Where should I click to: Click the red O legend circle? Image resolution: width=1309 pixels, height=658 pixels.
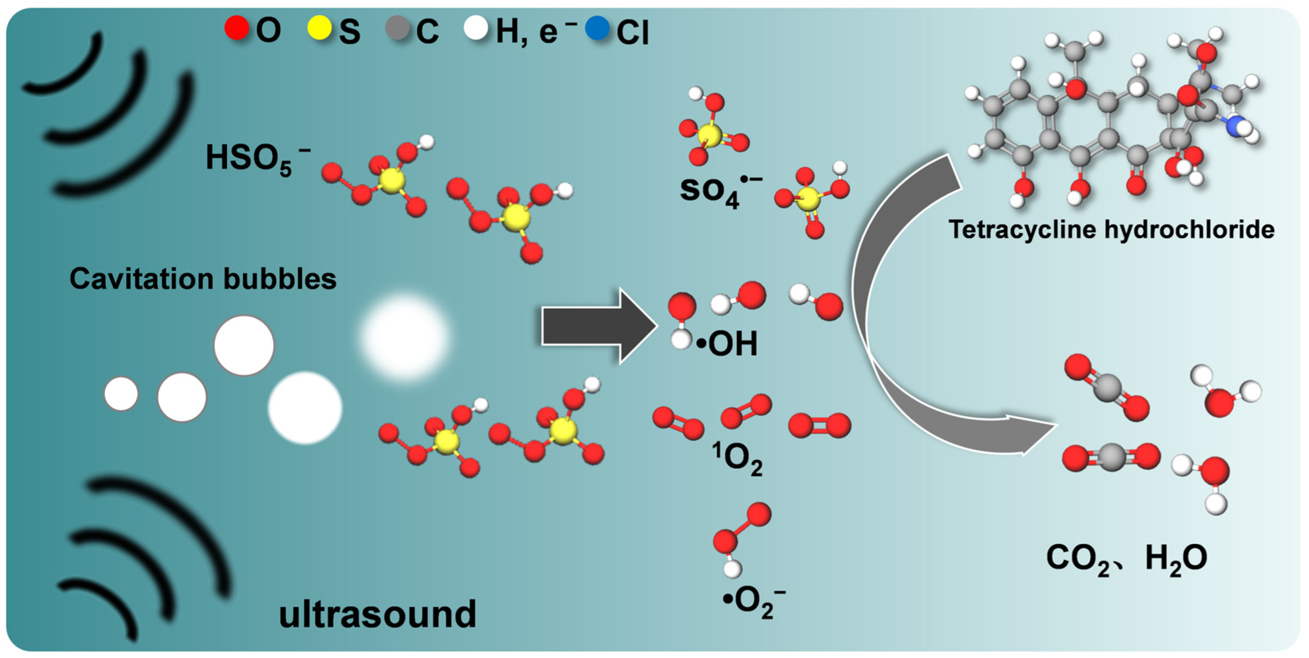pyautogui.click(x=237, y=28)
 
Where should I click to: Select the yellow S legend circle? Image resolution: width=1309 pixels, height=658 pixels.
pyautogui.click(x=320, y=28)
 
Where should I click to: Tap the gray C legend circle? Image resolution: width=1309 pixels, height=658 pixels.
pyautogui.click(x=398, y=28)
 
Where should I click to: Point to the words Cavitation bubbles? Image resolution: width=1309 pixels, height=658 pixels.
pyautogui.click(x=203, y=278)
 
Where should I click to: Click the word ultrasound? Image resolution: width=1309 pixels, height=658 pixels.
pyautogui.click(x=377, y=614)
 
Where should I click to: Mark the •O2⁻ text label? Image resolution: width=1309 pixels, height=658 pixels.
pyautogui.click(x=754, y=602)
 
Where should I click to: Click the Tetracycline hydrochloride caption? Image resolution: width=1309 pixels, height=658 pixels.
pyautogui.click(x=1111, y=229)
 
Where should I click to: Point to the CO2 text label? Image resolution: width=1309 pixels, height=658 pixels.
pyautogui.click(x=1078, y=559)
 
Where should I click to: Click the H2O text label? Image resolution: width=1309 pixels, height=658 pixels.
pyautogui.click(x=1176, y=559)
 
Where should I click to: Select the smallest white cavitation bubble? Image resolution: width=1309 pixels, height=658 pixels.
pyautogui.click(x=121, y=393)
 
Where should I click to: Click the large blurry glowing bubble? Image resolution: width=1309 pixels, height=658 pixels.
pyautogui.click(x=404, y=337)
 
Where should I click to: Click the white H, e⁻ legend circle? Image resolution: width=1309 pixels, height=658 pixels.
pyautogui.click(x=476, y=28)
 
